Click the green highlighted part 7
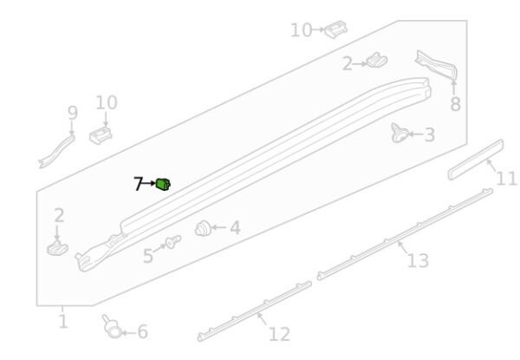coord(163,184)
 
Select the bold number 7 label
coord(138,184)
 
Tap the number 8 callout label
coord(455,104)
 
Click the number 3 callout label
coord(430,134)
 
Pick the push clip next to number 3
coord(400,134)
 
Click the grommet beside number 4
coord(203,228)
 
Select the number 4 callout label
coord(235,228)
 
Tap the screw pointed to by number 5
coord(173,241)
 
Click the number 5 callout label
coord(148,256)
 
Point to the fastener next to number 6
coord(112,326)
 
